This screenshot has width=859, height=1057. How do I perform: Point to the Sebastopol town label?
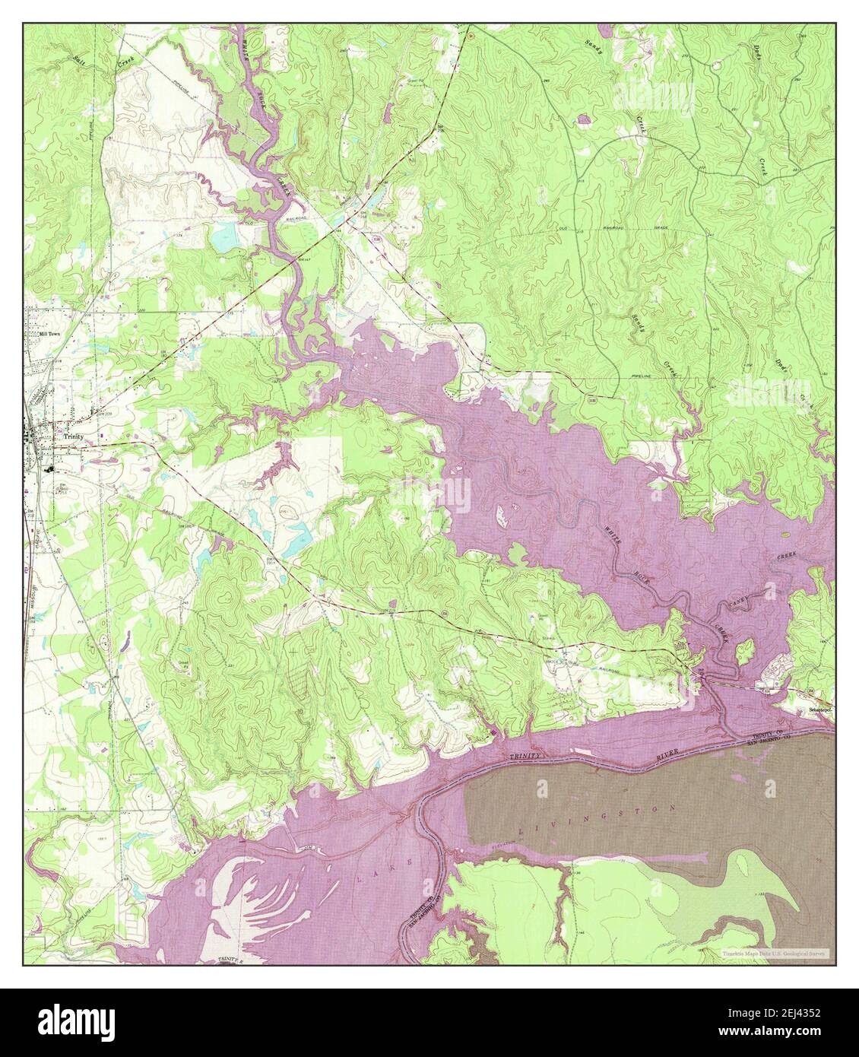819,710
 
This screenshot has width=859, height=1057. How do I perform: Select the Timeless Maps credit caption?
775,953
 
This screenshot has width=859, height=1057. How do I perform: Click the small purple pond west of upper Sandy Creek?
584,119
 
